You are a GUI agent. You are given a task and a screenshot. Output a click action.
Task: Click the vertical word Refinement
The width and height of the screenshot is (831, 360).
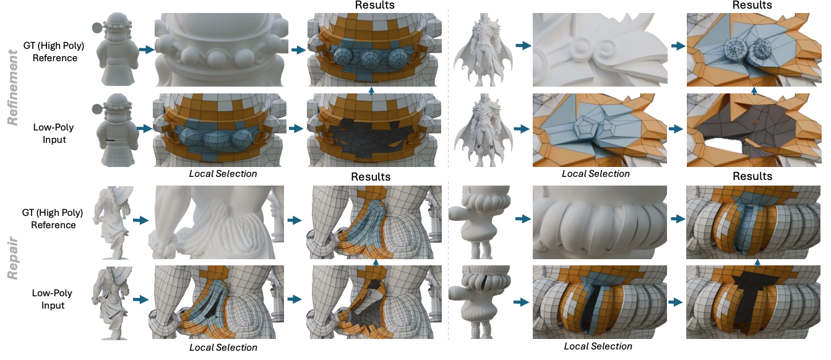[x=12, y=87]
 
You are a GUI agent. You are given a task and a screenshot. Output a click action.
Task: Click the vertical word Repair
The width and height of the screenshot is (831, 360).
[x=12, y=258]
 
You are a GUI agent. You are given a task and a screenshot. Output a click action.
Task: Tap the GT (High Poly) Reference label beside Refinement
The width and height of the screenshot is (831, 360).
[x=54, y=52]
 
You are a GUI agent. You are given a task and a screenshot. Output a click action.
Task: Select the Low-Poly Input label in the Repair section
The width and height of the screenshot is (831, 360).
[x=53, y=299]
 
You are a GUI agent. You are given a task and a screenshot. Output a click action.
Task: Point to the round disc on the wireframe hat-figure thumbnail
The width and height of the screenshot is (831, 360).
[x=97, y=109]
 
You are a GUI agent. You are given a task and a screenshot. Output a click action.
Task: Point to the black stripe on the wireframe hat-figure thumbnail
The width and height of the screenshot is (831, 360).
[x=110, y=140]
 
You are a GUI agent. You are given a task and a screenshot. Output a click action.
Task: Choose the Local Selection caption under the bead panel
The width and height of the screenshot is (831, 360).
[x=223, y=174]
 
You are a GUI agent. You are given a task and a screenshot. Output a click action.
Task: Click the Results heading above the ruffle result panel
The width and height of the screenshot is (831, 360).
[x=752, y=176]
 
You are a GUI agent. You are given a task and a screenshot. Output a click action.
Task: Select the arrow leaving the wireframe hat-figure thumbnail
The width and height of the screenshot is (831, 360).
[x=144, y=128]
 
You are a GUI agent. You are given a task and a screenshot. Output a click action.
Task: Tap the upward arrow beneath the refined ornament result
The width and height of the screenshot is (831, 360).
[x=754, y=91]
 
